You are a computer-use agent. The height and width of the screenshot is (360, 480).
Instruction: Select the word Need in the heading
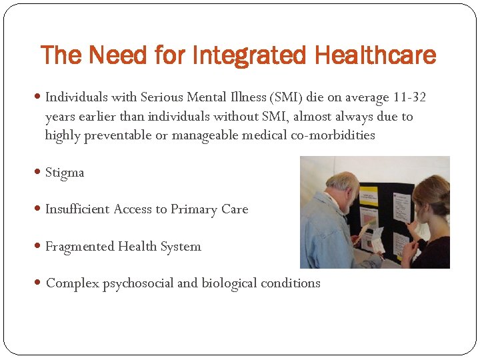click(x=109, y=55)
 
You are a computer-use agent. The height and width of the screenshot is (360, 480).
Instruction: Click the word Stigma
click(x=65, y=173)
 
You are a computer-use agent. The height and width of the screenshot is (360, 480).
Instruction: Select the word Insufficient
click(x=77, y=209)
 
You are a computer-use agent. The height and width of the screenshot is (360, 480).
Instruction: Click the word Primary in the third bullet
click(x=195, y=209)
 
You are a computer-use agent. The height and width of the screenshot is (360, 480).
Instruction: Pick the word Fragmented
click(x=80, y=247)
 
